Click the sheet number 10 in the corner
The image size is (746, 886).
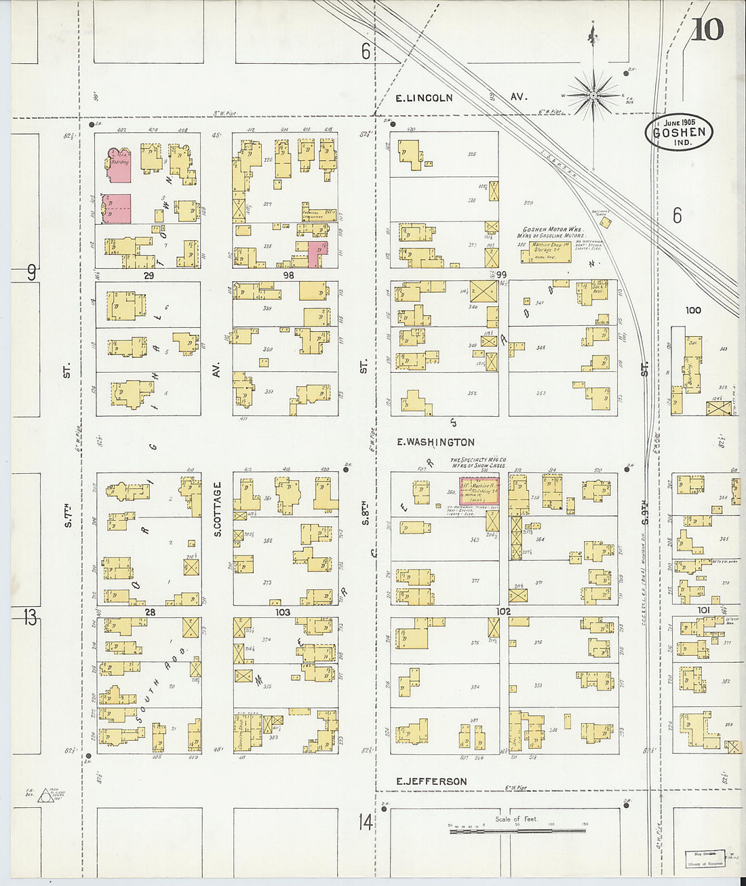(707, 29)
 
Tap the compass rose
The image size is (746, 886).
(594, 95)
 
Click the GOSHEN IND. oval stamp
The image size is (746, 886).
(678, 132)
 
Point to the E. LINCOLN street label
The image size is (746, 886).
(425, 98)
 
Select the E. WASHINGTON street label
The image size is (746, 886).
(435, 442)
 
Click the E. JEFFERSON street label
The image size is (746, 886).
(431, 781)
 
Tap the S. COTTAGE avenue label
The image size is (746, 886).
(218, 509)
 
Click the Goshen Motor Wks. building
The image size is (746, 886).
(545, 252)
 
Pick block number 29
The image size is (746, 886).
(149, 276)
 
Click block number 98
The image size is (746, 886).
(288, 276)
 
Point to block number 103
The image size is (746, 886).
(282, 612)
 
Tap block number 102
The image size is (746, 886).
(503, 612)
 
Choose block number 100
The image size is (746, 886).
(692, 310)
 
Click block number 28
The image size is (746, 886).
(149, 612)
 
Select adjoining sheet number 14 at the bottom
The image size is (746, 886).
(366, 823)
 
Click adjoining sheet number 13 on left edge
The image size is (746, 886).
(29, 618)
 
